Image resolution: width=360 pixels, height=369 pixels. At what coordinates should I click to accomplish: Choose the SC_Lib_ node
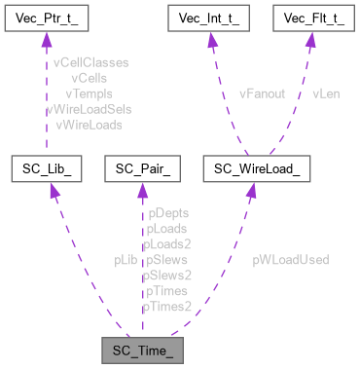46,169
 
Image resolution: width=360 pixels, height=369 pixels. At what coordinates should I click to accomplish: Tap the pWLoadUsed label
290,260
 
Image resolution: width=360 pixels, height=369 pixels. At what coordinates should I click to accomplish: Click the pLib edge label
125,260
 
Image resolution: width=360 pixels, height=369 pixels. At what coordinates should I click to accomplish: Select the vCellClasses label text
91,61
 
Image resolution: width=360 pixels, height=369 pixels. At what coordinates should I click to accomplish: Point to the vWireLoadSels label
89,109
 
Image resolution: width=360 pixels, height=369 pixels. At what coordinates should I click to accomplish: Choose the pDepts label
166,212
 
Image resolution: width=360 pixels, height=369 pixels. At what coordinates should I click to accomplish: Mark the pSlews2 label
166,276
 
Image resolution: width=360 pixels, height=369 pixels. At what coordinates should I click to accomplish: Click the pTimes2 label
166,307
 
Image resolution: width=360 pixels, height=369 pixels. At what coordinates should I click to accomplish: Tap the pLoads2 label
166,244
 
